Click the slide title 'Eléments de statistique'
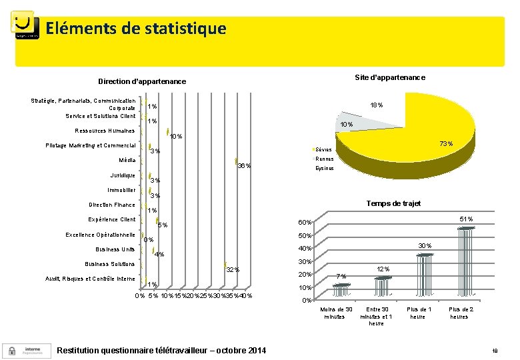[x=136, y=29]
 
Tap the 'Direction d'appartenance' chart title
[x=142, y=81]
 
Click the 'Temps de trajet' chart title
[x=393, y=203]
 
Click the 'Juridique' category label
[x=123, y=175]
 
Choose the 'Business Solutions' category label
[x=110, y=264]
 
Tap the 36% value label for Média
[x=244, y=166]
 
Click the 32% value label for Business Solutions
[x=233, y=269]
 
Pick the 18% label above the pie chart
[x=376, y=105]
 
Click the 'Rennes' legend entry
[x=325, y=159]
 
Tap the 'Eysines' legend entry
[x=325, y=169]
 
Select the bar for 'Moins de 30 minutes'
[x=341, y=293]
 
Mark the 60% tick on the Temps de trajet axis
[x=304, y=223]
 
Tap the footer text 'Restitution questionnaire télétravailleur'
[x=162, y=351]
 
